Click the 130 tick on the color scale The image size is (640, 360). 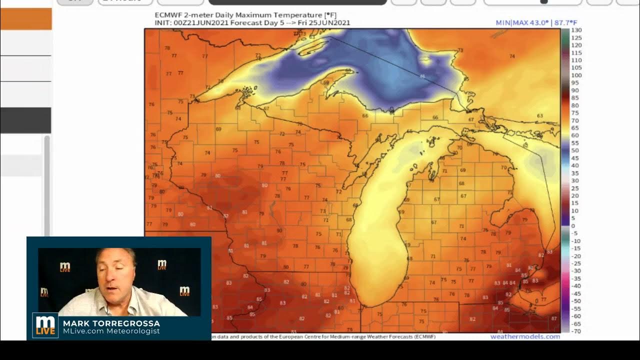click(x=575, y=30)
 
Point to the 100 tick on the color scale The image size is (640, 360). click(x=575, y=75)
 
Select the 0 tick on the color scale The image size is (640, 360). click(x=573, y=226)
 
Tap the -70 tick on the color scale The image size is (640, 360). click(x=575, y=331)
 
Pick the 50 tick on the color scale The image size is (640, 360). click(x=575, y=150)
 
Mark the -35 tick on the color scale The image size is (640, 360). click(x=576, y=278)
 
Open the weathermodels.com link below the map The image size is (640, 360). click(x=525, y=336)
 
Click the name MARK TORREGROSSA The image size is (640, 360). click(x=111, y=323)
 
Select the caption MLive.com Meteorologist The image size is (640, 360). click(x=111, y=331)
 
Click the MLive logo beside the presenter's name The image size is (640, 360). click(x=45, y=325)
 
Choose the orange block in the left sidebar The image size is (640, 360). click(x=26, y=19)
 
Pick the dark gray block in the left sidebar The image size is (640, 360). click(x=25, y=120)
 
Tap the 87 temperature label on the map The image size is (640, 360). click(x=554, y=318)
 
